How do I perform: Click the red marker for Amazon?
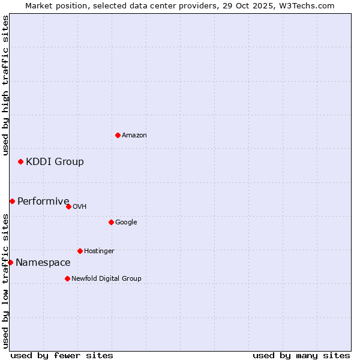pos(118,135)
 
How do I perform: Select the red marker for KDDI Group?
pos(20,161)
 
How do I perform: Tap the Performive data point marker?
pos(12,201)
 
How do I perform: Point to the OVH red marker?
pos(68,206)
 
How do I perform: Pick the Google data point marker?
pos(111,222)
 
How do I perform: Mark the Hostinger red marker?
pos(80,251)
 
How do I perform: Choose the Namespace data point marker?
pos(10,262)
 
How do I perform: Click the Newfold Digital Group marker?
pos(67,278)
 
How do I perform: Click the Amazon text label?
pos(134,136)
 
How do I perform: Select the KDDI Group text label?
pos(55,161)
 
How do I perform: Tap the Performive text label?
pos(43,202)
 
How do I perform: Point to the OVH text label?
pos(80,207)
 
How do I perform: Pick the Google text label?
pos(126,223)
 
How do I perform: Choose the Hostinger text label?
pos(99,251)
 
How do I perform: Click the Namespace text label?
pos(43,263)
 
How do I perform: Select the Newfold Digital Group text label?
pos(106,279)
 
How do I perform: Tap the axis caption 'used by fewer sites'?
pos(62,355)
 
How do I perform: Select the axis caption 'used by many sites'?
pos(301,355)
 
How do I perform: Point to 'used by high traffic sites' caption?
pos(5,85)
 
